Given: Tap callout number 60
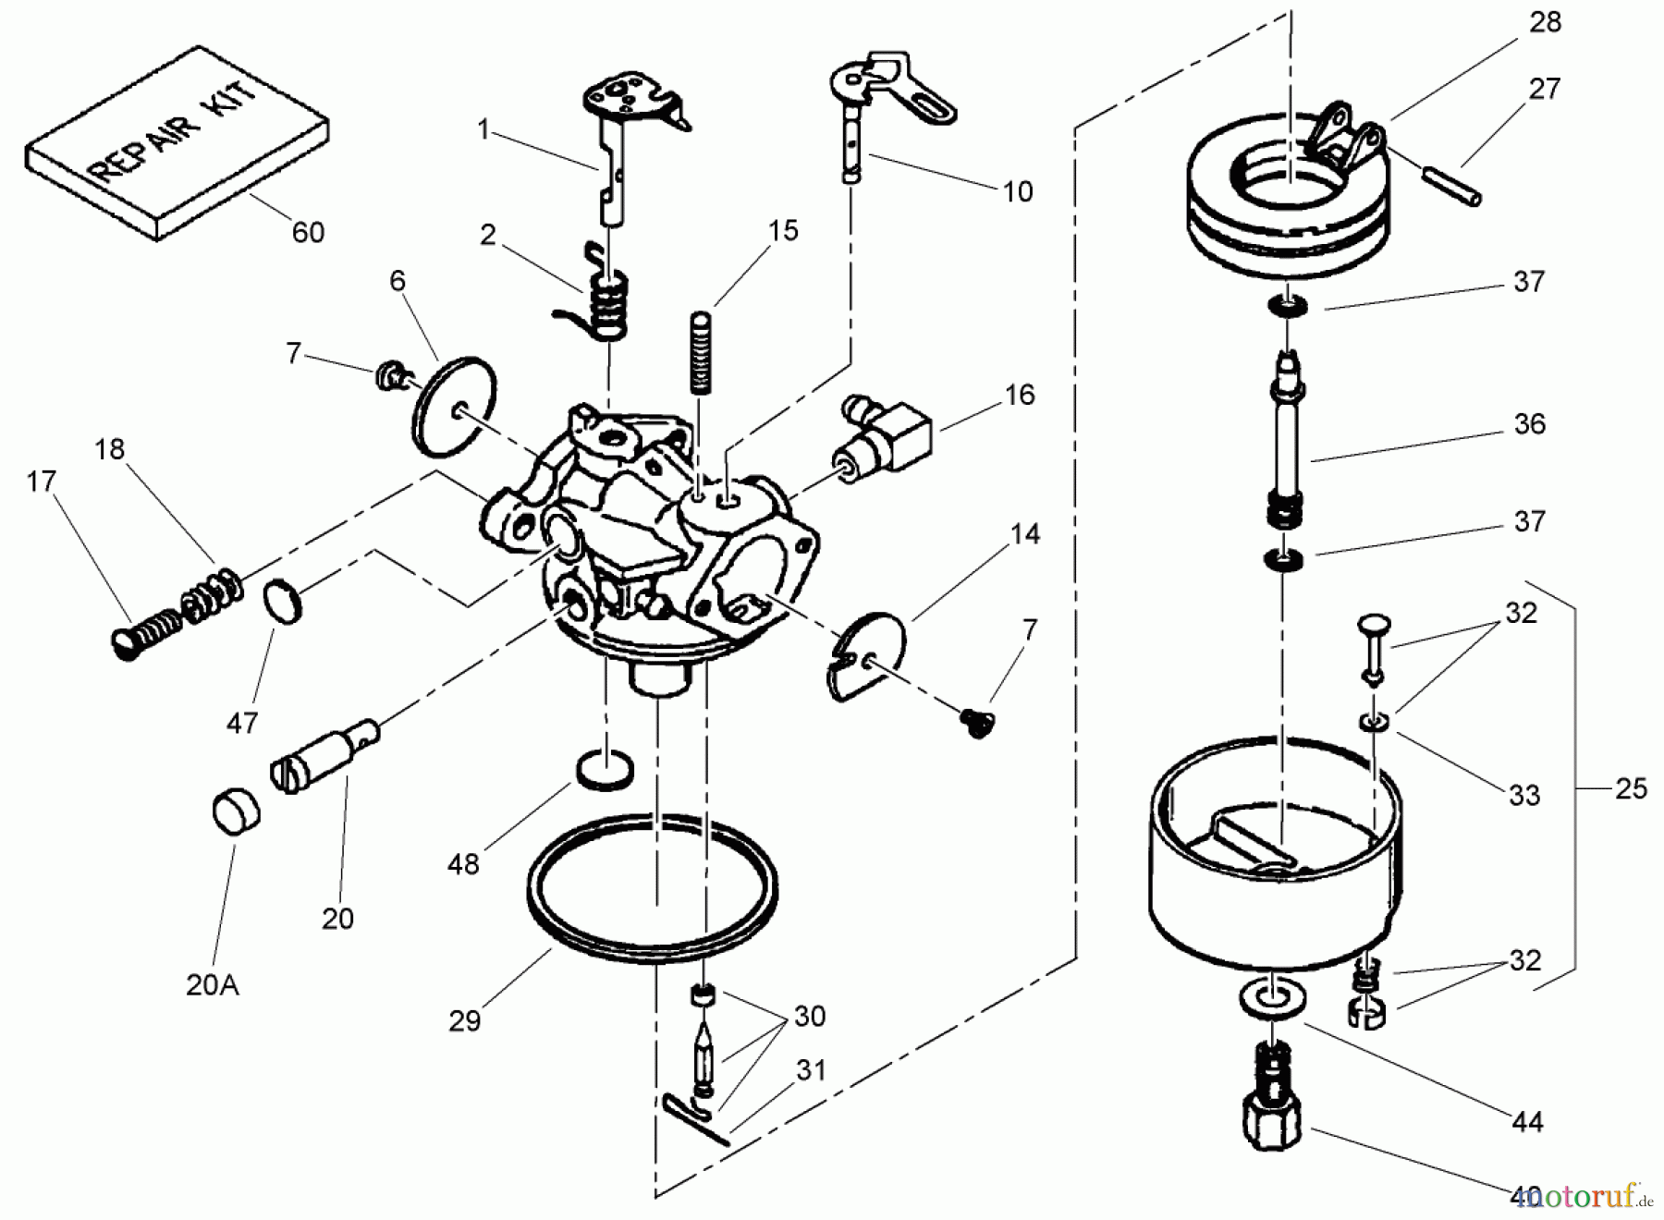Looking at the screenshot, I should [308, 232].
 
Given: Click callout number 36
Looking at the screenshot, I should [1529, 424].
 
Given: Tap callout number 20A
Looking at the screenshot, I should [213, 985].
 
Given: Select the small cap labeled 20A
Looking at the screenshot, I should [236, 812].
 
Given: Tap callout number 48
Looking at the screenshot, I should [463, 864].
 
